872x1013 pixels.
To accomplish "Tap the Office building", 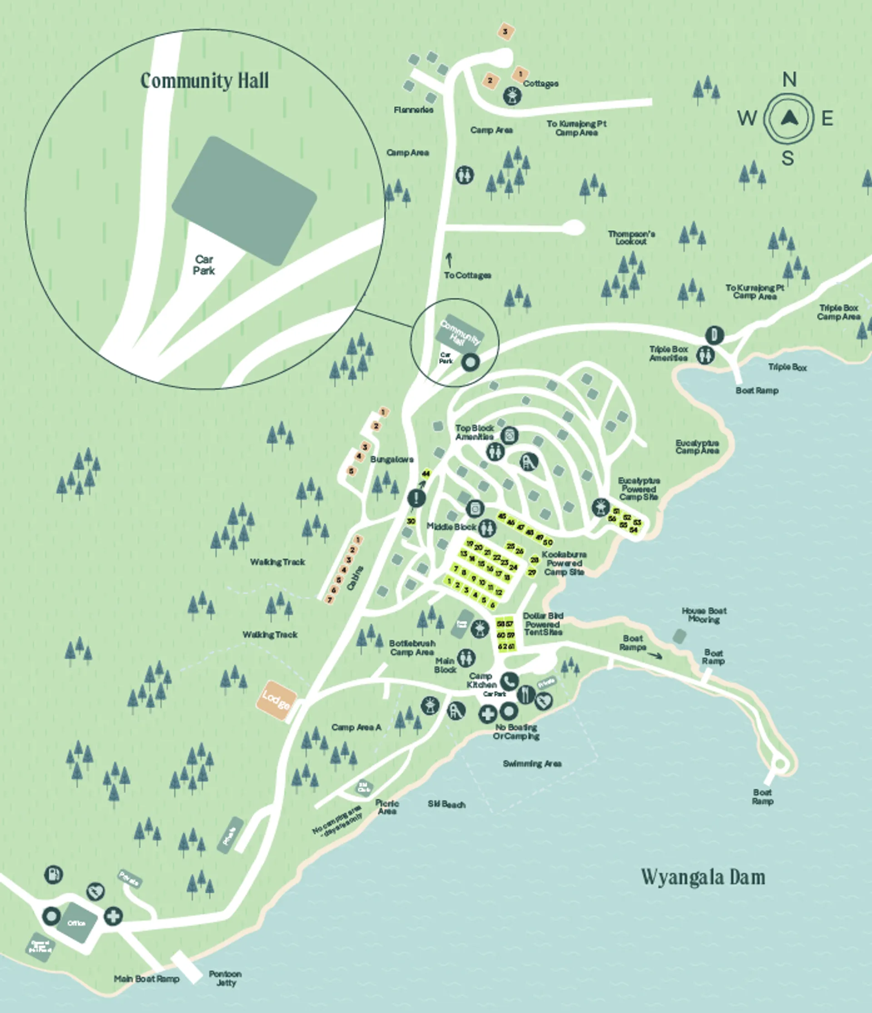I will click(77, 923).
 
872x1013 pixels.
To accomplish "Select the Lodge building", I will click(277, 701).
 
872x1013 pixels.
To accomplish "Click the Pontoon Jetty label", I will click(225, 978).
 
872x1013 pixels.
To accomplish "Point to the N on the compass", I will click(789, 79).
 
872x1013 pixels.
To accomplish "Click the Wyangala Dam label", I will click(703, 877).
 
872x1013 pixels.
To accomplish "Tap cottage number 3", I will click(505, 32).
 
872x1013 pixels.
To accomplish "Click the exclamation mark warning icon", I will click(416, 498).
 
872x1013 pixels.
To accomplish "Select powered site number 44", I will click(426, 474).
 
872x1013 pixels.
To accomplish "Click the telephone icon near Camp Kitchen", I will click(509, 680).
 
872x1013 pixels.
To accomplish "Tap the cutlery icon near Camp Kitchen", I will click(525, 694).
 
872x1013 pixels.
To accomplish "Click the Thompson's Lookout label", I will click(631, 238).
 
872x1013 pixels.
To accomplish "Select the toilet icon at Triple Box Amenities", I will click(705, 355).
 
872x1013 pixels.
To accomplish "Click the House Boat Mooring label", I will click(704, 614).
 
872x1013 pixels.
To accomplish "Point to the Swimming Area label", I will click(532, 763).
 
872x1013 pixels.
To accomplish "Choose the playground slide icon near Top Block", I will click(529, 461).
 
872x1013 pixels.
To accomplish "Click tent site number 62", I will click(501, 646).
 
